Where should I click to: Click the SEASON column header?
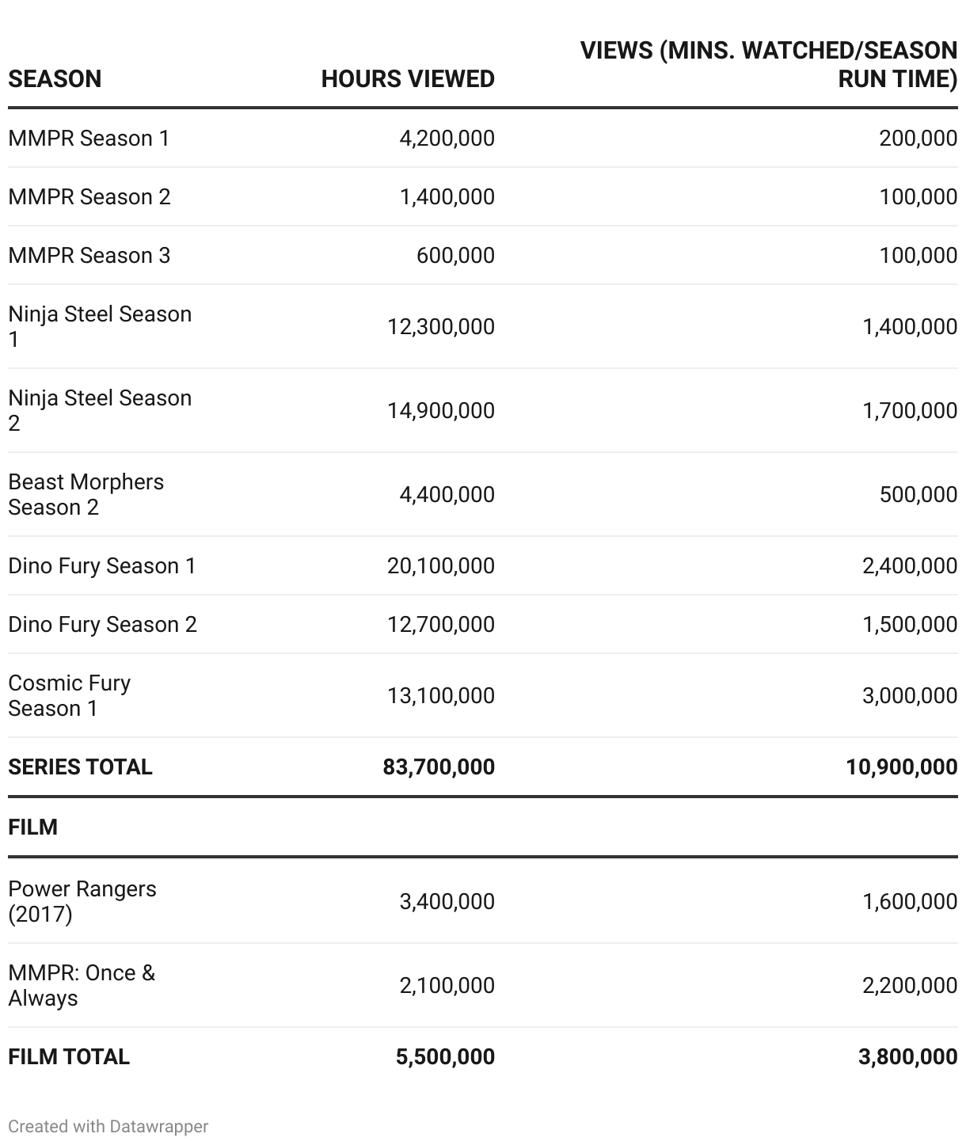tap(55, 79)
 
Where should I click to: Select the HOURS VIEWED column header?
tap(408, 79)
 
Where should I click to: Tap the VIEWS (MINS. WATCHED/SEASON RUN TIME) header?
tap(768, 65)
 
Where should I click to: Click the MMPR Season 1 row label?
tap(89, 139)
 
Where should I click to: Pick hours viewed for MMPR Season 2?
tap(447, 197)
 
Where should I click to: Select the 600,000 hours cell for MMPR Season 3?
tap(455, 256)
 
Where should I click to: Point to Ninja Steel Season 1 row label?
tap(100, 326)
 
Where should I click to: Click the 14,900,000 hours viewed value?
tap(440, 411)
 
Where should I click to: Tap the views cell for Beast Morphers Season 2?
tap(918, 495)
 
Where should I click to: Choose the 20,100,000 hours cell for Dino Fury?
tap(440, 566)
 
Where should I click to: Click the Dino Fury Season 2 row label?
tap(102, 625)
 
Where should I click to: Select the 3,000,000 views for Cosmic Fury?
tap(910, 696)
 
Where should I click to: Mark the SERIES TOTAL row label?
tap(80, 767)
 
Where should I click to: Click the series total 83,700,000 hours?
tap(439, 767)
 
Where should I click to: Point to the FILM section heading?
tap(32, 827)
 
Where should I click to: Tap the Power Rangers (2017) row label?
tap(82, 901)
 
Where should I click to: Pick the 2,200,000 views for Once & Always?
tap(910, 986)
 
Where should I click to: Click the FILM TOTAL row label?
tap(69, 1057)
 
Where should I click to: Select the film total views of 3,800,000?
tap(907, 1057)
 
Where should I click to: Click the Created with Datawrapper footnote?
tap(108, 1127)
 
